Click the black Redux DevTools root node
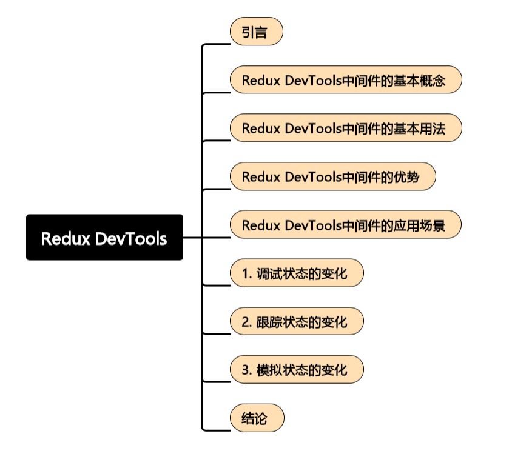coord(104,238)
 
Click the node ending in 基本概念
coord(346,80)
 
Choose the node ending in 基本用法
coord(346,129)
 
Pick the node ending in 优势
coord(332,177)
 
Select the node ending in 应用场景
coord(346,225)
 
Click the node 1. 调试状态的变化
coord(297,273)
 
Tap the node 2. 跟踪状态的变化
coord(297,321)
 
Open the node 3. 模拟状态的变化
coord(297,370)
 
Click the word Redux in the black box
coord(66,238)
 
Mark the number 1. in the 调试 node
coord(246,273)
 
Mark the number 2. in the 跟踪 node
coord(246,321)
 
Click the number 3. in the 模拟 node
coord(246,370)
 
